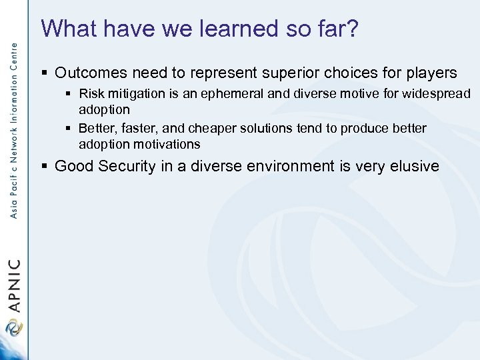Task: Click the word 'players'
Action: [x=431, y=73]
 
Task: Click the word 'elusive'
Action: [x=415, y=166]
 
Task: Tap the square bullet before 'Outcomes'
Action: [x=45, y=73]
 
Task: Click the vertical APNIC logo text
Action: [x=15, y=286]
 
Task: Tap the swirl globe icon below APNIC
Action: [x=13, y=329]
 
